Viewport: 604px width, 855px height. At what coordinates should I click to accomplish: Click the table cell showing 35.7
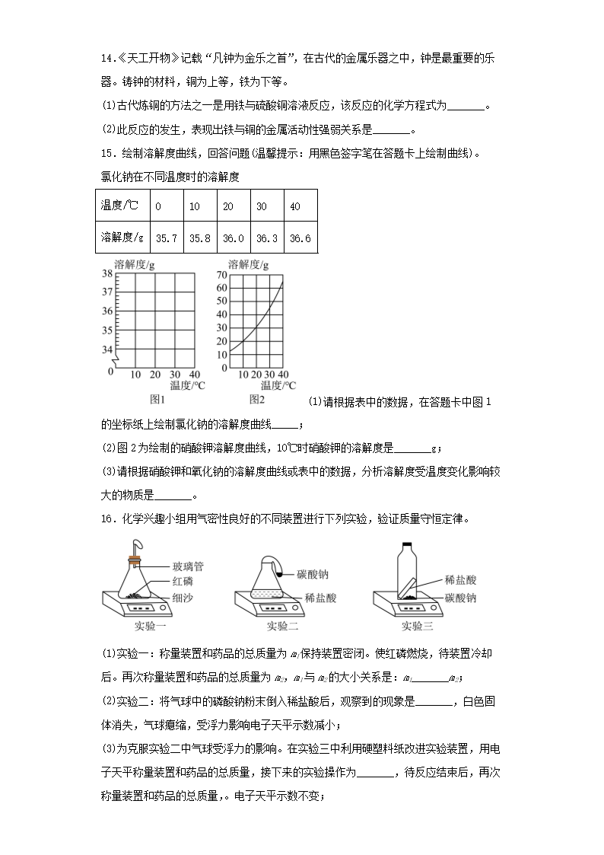click(x=166, y=238)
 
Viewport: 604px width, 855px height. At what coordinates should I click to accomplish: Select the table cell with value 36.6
click(x=300, y=238)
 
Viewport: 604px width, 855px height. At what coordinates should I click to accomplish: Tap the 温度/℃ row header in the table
click(x=121, y=206)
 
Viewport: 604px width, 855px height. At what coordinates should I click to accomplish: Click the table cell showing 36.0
click(x=233, y=238)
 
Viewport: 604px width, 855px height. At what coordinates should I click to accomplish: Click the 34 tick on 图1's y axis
click(x=106, y=349)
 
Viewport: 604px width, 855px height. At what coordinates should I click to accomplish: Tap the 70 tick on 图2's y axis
click(x=221, y=274)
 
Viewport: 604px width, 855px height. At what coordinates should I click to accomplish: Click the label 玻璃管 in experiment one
click(x=188, y=566)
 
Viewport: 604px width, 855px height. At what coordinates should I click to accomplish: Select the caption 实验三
click(x=417, y=627)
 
